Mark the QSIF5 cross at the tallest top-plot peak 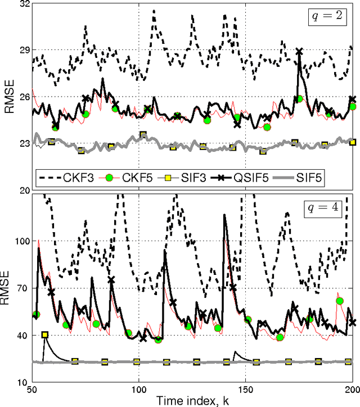pos(299,52)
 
